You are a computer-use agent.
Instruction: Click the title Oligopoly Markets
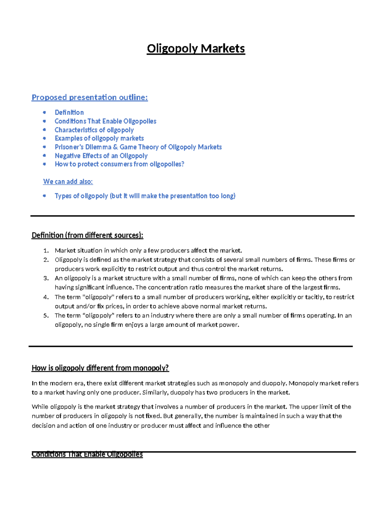(196, 49)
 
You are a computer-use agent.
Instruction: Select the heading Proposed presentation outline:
(90, 97)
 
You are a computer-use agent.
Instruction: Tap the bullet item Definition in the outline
(69, 112)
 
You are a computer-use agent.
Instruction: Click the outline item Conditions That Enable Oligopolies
(105, 121)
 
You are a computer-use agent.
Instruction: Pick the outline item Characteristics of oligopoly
(94, 130)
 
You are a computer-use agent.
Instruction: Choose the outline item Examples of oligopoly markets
(99, 138)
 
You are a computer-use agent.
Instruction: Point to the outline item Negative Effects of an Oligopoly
(101, 156)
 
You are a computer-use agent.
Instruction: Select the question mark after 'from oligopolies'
(183, 164)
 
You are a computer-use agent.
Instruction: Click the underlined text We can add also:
(68, 182)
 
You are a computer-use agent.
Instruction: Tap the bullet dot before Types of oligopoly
(44, 196)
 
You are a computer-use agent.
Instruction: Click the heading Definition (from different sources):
(87, 235)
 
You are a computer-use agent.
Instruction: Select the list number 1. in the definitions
(46, 251)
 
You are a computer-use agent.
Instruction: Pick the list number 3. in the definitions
(46, 278)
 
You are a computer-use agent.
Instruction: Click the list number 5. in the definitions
(46, 316)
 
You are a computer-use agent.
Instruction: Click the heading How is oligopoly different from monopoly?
(100, 368)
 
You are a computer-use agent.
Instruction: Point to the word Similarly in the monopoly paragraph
(155, 392)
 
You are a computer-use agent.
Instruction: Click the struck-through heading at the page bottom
(87, 454)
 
